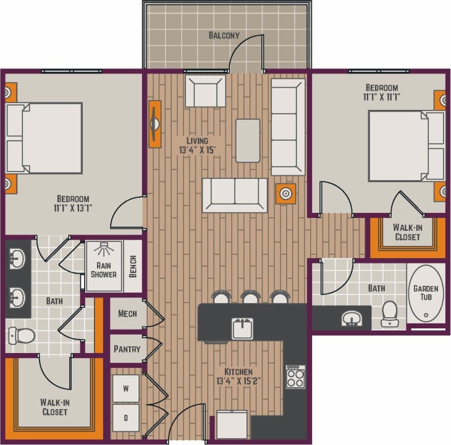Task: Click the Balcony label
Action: pyautogui.click(x=223, y=35)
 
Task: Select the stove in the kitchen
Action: pyautogui.click(x=295, y=376)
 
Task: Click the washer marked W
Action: pyautogui.click(x=126, y=389)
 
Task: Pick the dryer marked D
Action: pyautogui.click(x=126, y=418)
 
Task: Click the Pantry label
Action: pyautogui.click(x=127, y=349)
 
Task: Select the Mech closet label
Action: pyautogui.click(x=127, y=314)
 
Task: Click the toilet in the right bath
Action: pyautogui.click(x=390, y=313)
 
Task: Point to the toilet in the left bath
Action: pyautogui.click(x=22, y=336)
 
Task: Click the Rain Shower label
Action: pyautogui.click(x=103, y=270)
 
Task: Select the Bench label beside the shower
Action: pyautogui.click(x=133, y=267)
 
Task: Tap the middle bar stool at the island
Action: pyautogui.click(x=250, y=297)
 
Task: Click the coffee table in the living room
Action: pyautogui.click(x=248, y=140)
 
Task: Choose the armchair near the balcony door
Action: pyautogui.click(x=205, y=91)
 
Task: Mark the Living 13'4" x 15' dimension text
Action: pyautogui.click(x=198, y=145)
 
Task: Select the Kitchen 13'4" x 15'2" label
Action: pyautogui.click(x=237, y=377)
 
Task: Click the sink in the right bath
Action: pyautogui.click(x=352, y=318)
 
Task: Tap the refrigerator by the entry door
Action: pyautogui.click(x=232, y=424)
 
